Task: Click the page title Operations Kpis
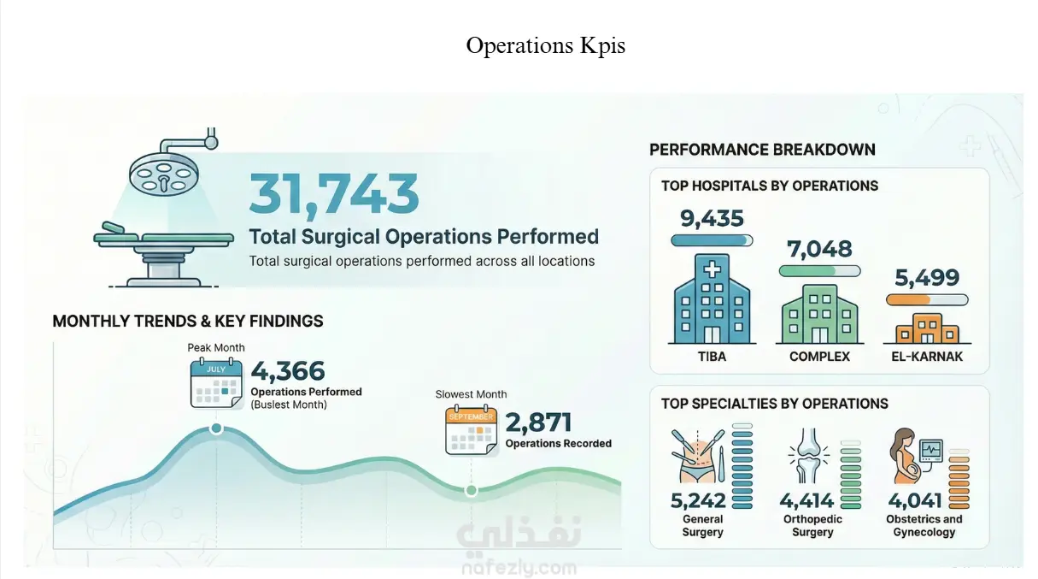[545, 45]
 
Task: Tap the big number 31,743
[334, 194]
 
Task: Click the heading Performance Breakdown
[762, 150]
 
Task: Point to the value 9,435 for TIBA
[712, 219]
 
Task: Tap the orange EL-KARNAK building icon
[927, 327]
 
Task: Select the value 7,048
[819, 249]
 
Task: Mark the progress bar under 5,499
[927, 300]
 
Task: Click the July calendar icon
[217, 382]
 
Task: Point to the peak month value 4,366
[288, 371]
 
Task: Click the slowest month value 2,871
[538, 422]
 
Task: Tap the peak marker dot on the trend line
[217, 428]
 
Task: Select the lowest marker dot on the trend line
[471, 490]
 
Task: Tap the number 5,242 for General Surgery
[699, 500]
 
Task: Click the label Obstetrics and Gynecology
[924, 525]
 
